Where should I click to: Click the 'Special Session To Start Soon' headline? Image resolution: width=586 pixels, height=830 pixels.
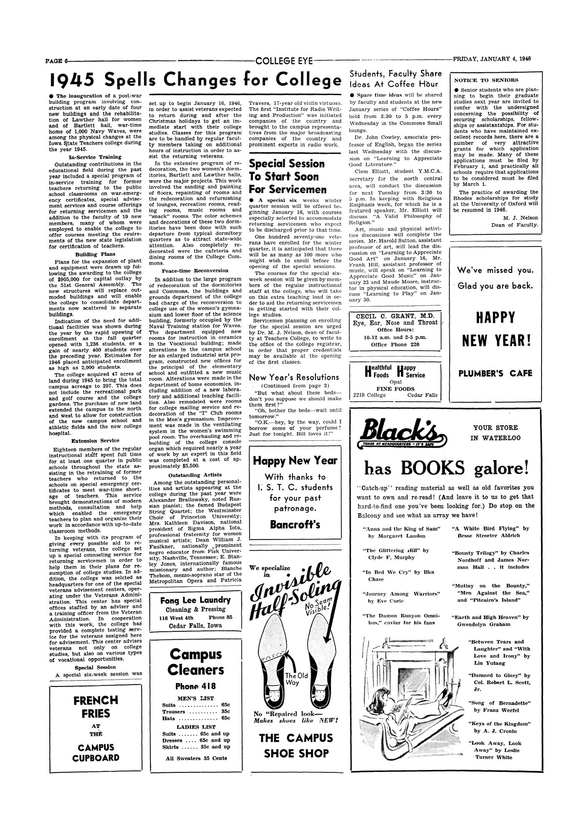(287, 176)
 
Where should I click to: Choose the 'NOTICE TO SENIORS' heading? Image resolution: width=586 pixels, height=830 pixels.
(480, 80)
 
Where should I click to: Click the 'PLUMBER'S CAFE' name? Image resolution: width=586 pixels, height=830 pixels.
(495, 374)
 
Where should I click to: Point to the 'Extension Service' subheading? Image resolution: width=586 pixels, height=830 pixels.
(96, 440)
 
